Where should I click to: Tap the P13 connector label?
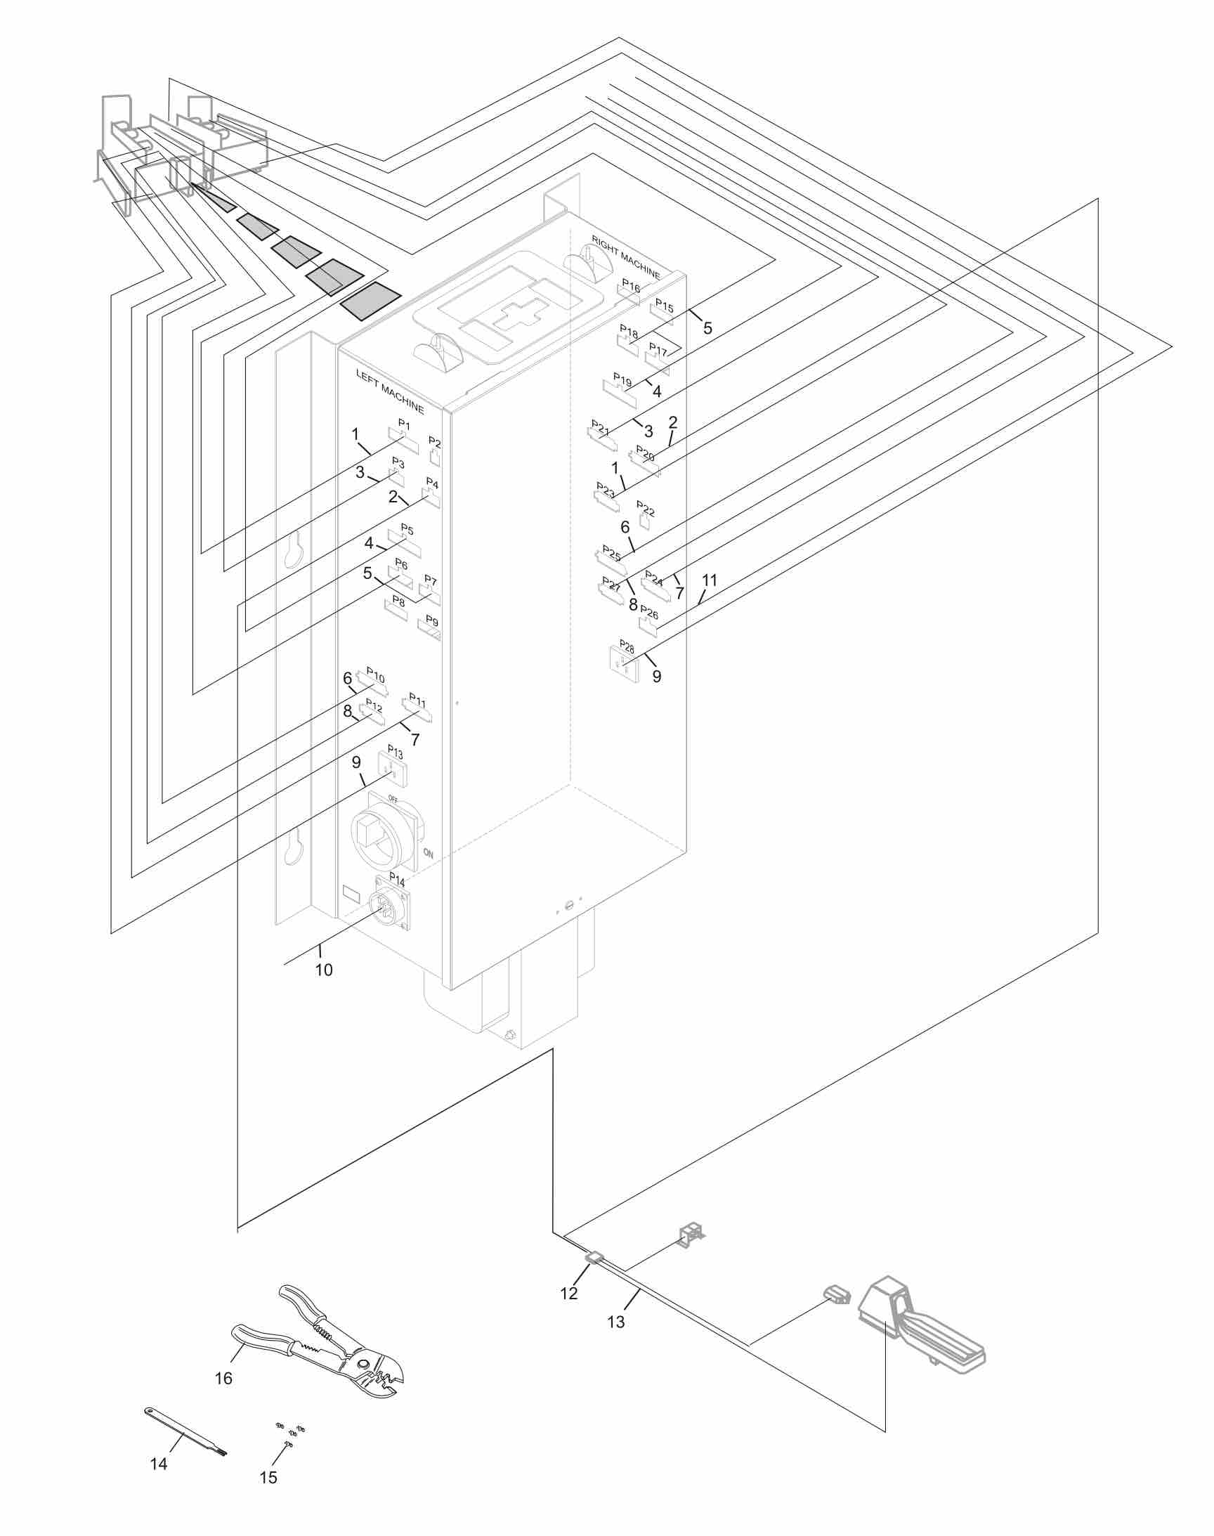pyautogui.click(x=396, y=752)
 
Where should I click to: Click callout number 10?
pyautogui.click(x=323, y=970)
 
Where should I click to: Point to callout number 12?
pyautogui.click(x=568, y=1294)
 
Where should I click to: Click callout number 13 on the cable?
pyautogui.click(x=615, y=1322)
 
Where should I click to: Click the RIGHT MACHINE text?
pyautogui.click(x=625, y=257)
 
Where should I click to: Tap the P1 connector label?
pyautogui.click(x=404, y=424)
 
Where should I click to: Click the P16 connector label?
pyautogui.click(x=630, y=286)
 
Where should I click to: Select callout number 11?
pyautogui.click(x=710, y=580)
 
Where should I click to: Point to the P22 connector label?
pyautogui.click(x=646, y=508)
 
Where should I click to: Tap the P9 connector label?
pyautogui.click(x=431, y=622)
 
